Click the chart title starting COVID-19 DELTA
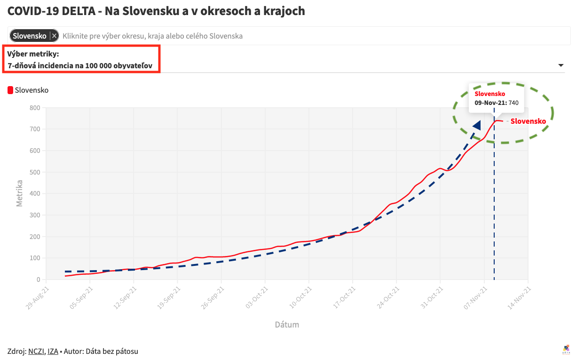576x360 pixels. pos(156,11)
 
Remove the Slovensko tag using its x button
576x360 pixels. pos(55,36)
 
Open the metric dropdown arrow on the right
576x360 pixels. pos(560,65)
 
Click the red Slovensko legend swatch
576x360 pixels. pos(10,90)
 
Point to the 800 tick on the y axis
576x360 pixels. pos(35,108)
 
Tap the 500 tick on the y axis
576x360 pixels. pos(35,172)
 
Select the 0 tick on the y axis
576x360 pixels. pos(38,280)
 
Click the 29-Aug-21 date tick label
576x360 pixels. pos(36,298)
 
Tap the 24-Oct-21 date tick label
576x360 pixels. pos(387,298)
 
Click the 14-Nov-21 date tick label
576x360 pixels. pos(518,298)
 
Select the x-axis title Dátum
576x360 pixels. pos(287,325)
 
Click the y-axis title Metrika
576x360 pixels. pos(20,193)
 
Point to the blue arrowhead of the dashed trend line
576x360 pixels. pos(477,125)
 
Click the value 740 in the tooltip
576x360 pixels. pos(513,103)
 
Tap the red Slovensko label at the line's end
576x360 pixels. pos(528,121)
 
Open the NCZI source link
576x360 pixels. pos(36,352)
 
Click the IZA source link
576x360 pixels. pos(53,352)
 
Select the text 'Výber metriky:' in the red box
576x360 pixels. pos(33,54)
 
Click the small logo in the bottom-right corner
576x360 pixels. pos(566,349)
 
